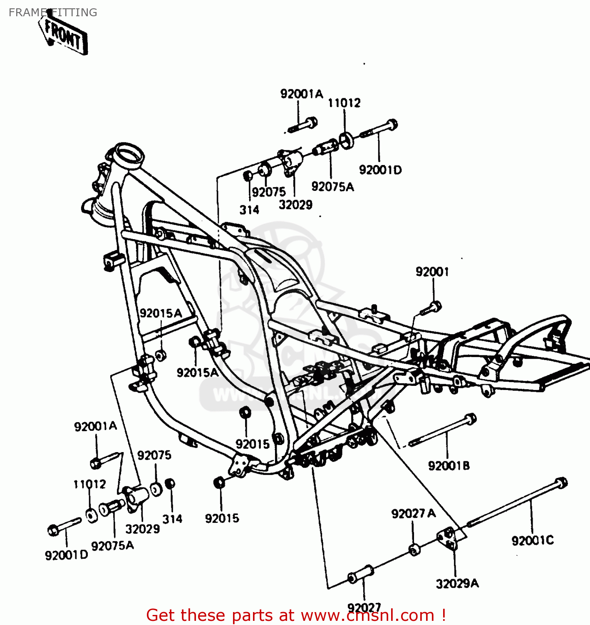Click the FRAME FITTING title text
tap(53, 12)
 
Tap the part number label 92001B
tap(449, 466)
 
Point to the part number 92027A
tap(413, 514)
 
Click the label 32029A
tap(457, 584)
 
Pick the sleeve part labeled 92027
tap(360, 575)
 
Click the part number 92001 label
tap(432, 272)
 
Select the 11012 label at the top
tap(344, 103)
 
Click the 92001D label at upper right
tap(380, 170)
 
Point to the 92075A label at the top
tap(332, 187)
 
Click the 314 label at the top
tap(249, 210)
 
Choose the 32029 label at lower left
tap(142, 529)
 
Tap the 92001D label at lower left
tap(67, 555)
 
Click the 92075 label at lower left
tap(154, 455)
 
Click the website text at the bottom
tap(296, 615)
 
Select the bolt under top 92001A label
tap(302, 125)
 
